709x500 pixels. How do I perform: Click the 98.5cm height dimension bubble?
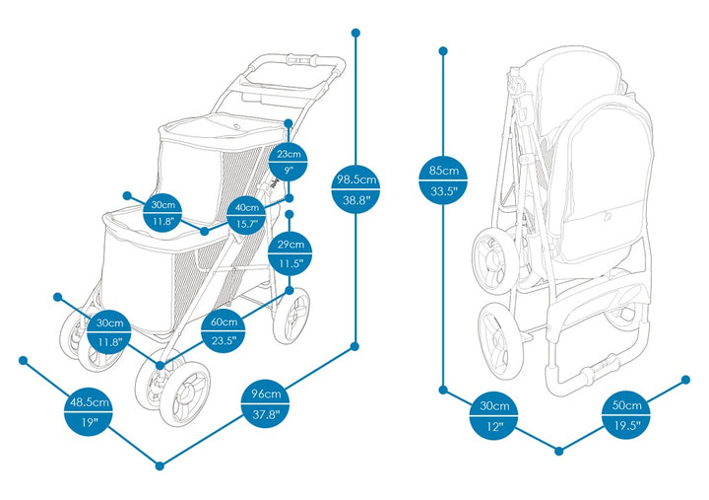(355, 189)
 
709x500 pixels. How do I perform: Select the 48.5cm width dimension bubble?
(89, 412)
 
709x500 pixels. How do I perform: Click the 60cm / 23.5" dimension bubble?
(225, 331)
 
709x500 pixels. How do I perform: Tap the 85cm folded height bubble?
(443, 181)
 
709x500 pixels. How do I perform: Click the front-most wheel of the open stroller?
(182, 392)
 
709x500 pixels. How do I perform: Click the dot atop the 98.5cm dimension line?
(355, 33)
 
